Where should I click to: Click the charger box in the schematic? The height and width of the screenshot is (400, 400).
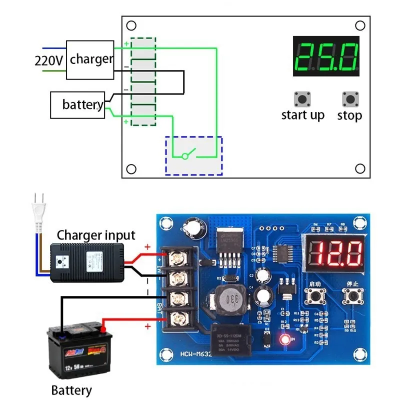click(x=90, y=59)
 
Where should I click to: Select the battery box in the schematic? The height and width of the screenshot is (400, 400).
click(x=78, y=105)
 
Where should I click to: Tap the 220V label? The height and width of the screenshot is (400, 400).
click(x=48, y=60)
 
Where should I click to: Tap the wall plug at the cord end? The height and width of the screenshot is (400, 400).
click(x=39, y=209)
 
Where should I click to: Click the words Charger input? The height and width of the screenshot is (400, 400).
click(x=96, y=235)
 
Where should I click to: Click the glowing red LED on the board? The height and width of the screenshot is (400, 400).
click(x=286, y=340)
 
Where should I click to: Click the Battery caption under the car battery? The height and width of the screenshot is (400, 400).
click(x=71, y=390)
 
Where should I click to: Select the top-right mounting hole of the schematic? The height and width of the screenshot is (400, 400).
click(x=359, y=25)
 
